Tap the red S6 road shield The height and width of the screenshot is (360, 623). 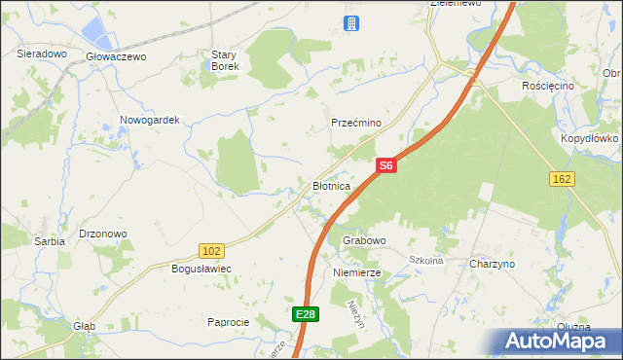click(385, 166)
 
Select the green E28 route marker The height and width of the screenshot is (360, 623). click(305, 313)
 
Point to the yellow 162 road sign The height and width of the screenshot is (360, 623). click(562, 179)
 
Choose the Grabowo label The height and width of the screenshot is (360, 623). click(365, 239)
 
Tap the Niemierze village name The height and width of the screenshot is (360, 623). click(357, 273)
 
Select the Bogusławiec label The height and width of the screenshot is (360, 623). click(200, 268)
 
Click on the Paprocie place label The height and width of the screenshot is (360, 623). click(229, 322)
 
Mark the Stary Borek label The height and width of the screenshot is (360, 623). click(226, 60)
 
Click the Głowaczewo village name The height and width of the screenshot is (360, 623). click(116, 57)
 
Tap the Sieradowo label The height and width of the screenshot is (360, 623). click(42, 54)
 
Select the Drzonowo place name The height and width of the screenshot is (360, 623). click(103, 234)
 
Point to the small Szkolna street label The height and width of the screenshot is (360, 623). click(425, 260)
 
